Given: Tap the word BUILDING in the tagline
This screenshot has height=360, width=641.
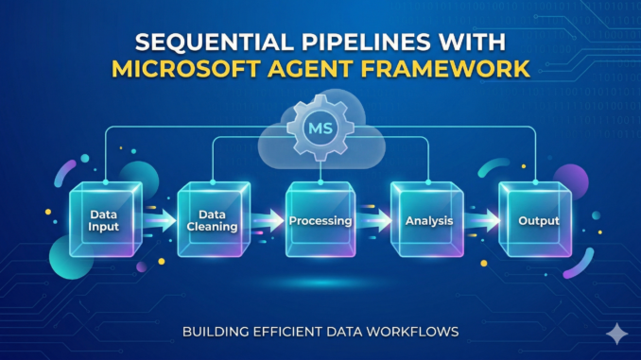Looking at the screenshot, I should (x=217, y=332).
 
